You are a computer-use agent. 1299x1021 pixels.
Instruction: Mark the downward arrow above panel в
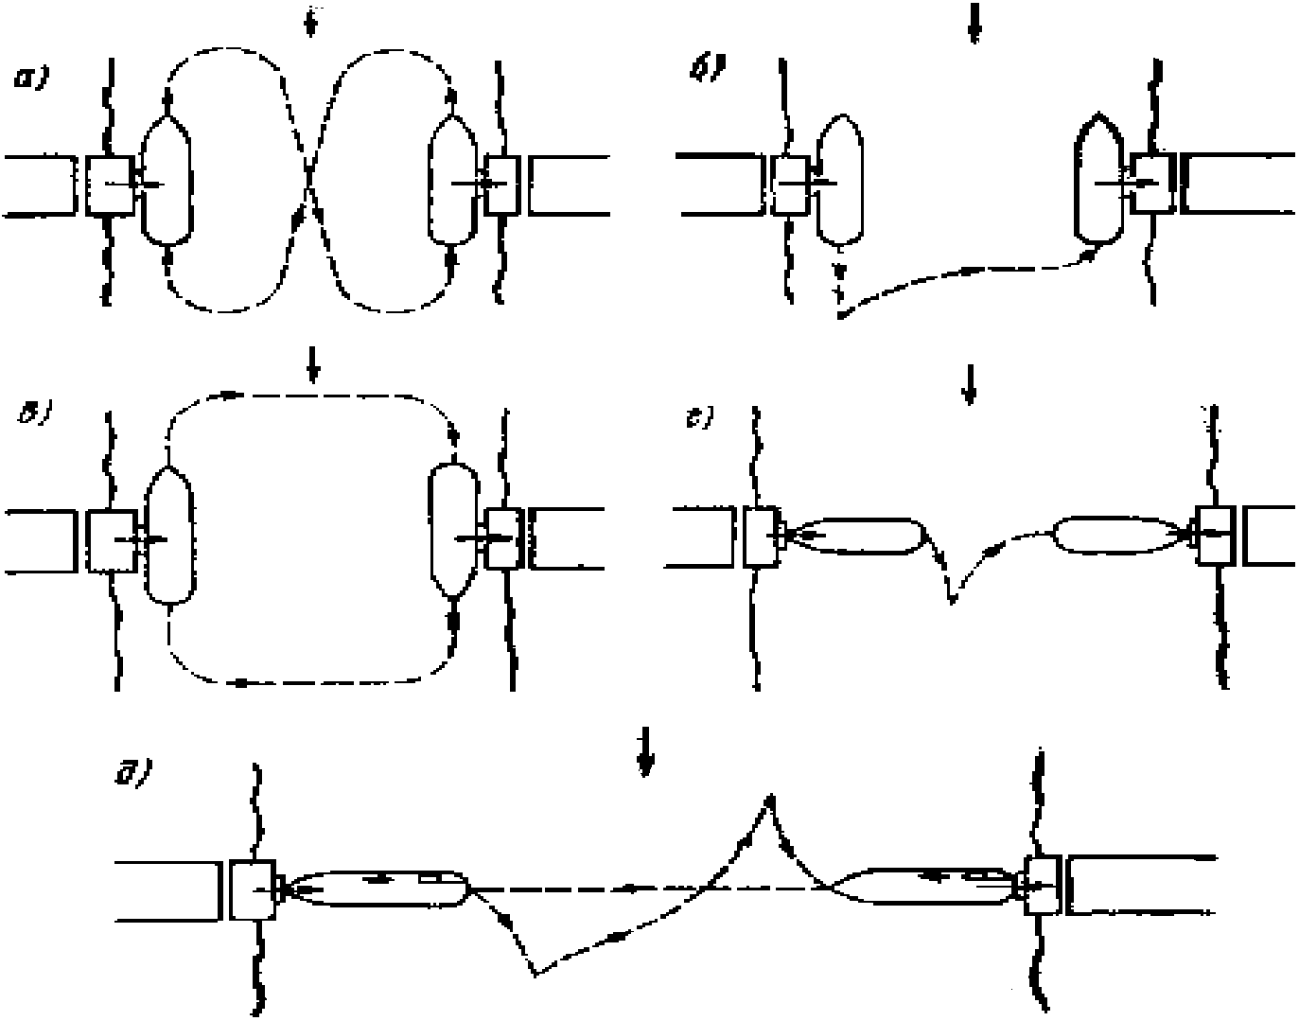pos(313,369)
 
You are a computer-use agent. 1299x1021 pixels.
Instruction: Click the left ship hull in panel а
pos(167,179)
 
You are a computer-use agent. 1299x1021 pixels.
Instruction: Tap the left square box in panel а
pos(110,185)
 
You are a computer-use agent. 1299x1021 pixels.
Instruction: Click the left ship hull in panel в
pos(169,536)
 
